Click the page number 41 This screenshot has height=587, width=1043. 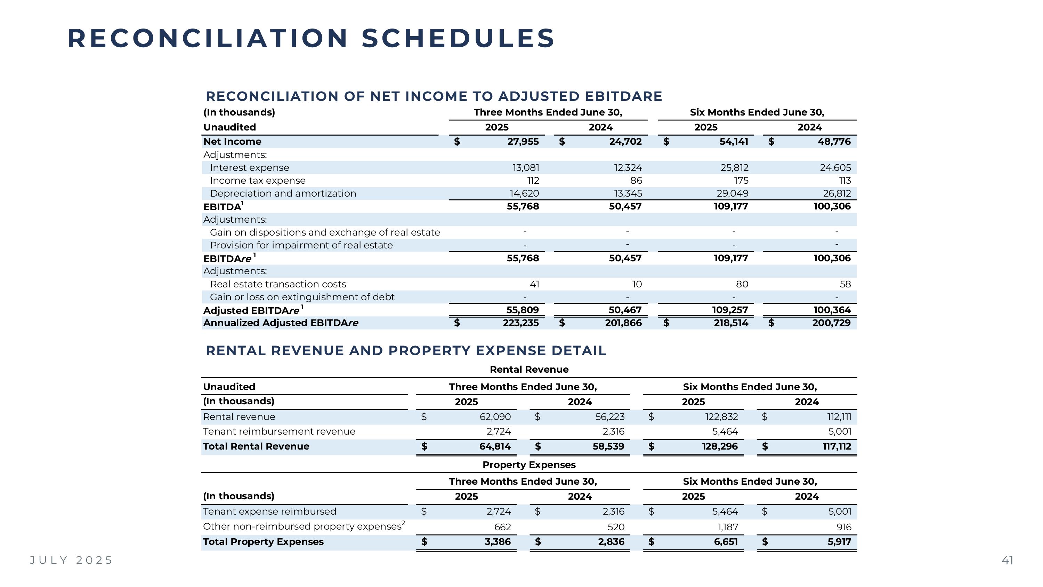point(1007,560)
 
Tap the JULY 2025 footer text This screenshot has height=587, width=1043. point(71,560)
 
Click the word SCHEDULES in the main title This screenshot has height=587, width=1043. point(458,39)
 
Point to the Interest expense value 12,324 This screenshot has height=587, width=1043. point(628,168)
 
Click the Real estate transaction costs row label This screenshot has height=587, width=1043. point(278,284)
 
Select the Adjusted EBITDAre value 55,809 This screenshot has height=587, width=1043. point(522,310)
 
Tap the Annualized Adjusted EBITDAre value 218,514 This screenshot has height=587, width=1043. point(731,323)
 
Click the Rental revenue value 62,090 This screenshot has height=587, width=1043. point(495,417)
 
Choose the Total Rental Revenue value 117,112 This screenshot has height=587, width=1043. point(836,446)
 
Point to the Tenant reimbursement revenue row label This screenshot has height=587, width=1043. point(279,431)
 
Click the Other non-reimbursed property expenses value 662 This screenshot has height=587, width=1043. point(502,527)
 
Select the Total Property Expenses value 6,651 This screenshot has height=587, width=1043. point(726,542)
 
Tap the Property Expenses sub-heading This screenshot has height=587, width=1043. point(529,465)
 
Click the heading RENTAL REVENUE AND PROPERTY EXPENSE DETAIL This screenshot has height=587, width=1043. point(406,351)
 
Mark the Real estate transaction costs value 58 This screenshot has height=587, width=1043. point(845,284)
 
